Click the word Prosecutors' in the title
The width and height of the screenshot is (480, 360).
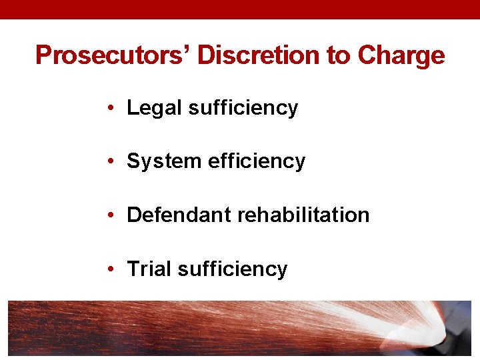tap(113, 55)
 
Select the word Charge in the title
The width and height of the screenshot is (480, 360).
tap(401, 56)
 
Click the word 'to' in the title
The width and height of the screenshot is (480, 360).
tap(339, 55)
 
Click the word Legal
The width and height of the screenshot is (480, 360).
tap(155, 108)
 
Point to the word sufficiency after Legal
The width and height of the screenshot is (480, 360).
tap(243, 108)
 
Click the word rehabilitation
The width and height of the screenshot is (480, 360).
tap(303, 215)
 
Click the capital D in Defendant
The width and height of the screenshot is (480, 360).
tap(133, 215)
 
